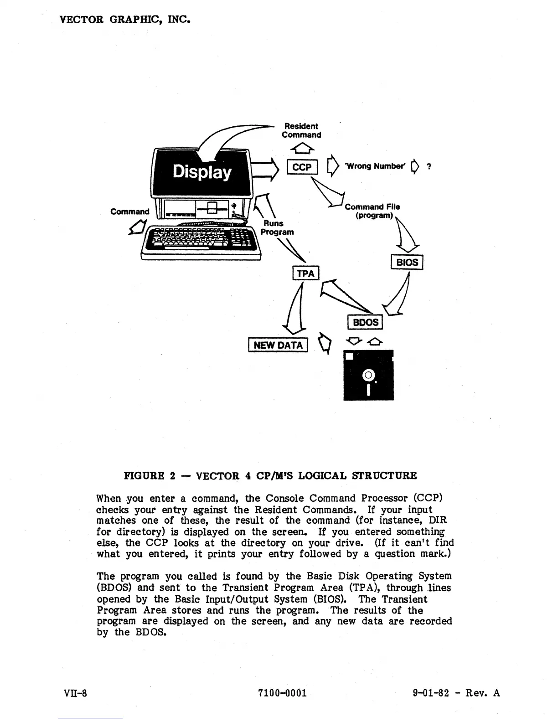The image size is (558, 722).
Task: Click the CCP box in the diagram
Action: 302,167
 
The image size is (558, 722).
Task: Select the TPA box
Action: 305,273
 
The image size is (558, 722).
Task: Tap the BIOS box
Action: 407,263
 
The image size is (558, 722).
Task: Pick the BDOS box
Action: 365,322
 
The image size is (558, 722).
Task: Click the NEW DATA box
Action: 278,345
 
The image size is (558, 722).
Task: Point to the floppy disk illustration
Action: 368,375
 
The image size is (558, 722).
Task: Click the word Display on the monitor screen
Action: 202,172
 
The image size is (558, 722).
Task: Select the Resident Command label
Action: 301,130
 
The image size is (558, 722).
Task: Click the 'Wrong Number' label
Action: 375,166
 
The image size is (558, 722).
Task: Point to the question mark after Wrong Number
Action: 429,167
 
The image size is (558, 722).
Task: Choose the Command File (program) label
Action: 372,211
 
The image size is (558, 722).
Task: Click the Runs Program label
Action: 277,227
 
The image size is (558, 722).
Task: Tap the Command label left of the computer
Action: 130,211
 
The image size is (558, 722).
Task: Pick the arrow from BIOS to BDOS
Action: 398,294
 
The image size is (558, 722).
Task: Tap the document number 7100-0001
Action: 282,693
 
